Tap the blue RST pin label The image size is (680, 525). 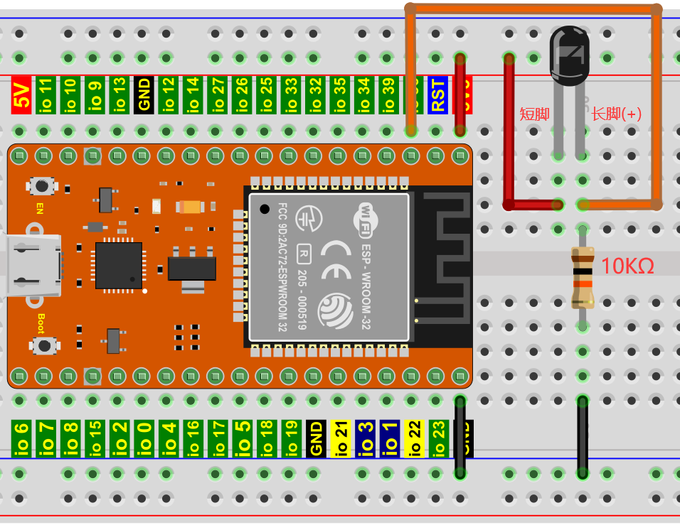[437, 94]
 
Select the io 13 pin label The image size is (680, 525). [119, 94]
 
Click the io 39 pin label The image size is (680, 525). [388, 94]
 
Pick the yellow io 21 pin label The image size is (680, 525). [340, 438]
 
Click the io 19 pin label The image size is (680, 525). [291, 438]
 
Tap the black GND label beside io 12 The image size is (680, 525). [144, 94]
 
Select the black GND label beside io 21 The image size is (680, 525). [316, 438]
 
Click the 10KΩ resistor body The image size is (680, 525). [583, 277]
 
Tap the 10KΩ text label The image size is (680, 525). [627, 266]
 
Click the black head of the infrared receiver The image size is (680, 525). [570, 53]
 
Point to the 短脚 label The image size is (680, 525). [534, 113]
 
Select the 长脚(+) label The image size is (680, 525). [616, 113]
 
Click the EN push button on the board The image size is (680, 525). [43, 186]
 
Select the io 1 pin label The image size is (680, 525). [389, 438]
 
